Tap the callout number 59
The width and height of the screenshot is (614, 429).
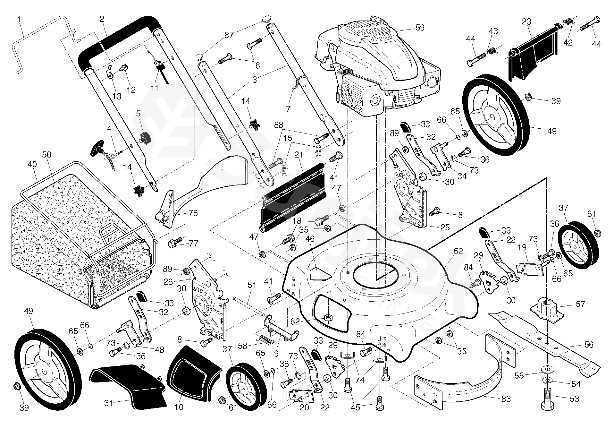coord(419,28)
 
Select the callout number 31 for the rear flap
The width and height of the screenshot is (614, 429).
coord(109,402)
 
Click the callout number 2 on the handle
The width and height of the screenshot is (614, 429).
coord(102,19)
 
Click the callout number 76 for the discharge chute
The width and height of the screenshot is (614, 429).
coord(193,213)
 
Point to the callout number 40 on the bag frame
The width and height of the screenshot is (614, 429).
coord(32,164)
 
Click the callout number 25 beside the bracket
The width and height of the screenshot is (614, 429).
coord(445,227)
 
